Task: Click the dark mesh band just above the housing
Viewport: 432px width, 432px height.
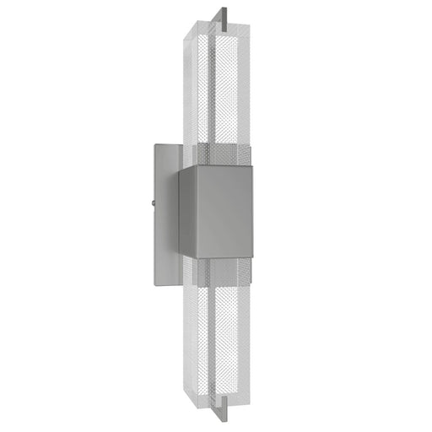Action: pos(224,155)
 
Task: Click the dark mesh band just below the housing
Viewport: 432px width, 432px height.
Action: pos(224,274)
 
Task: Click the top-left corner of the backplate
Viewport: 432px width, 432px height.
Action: pos(154,145)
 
